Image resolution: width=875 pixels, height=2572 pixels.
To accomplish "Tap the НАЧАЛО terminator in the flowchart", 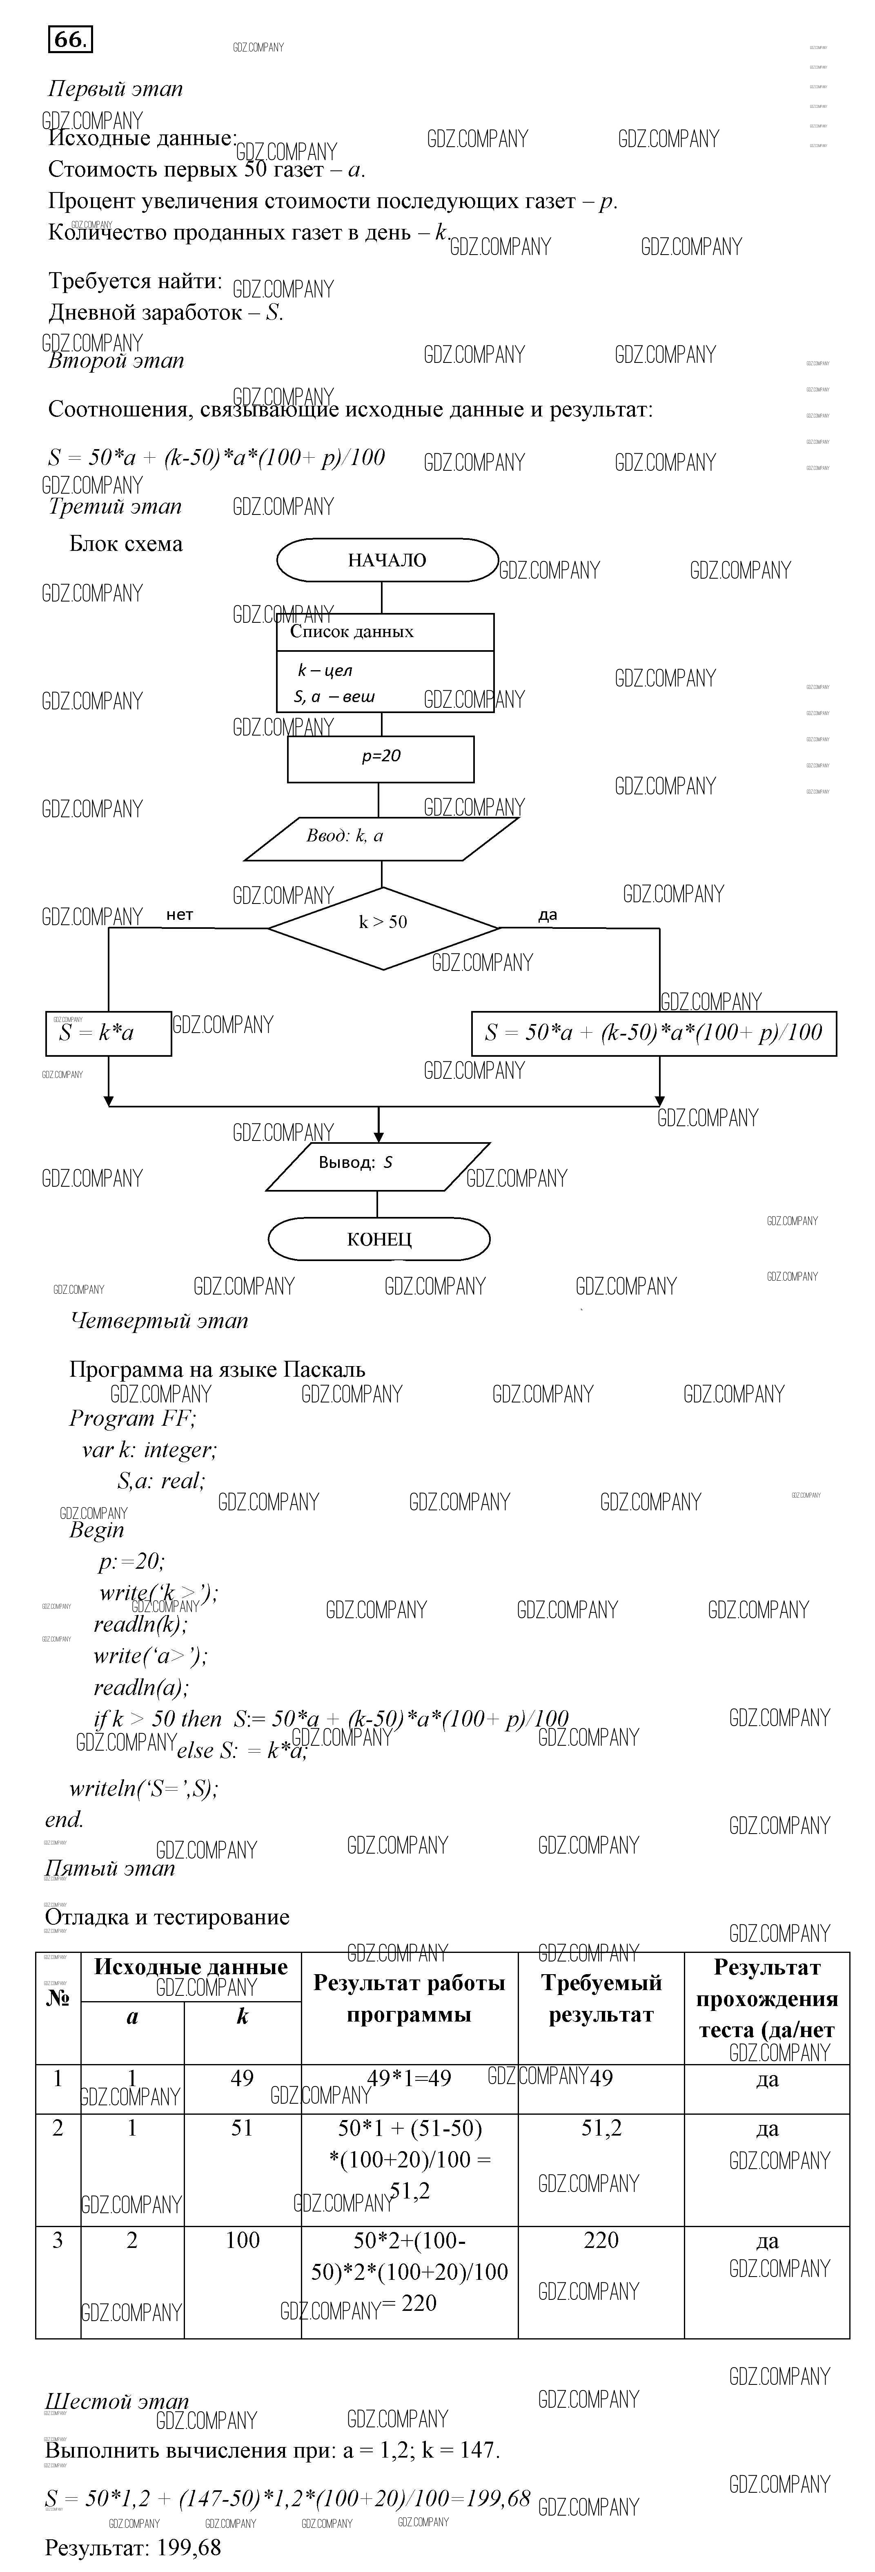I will (387, 560).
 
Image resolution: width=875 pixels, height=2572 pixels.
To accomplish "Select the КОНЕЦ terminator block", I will (379, 1239).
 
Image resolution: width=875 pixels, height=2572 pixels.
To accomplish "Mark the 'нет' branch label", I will (180, 915).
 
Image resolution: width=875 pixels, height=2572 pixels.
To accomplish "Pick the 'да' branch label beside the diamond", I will (547, 915).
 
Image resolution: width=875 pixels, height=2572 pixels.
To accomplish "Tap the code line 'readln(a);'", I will (141, 1687).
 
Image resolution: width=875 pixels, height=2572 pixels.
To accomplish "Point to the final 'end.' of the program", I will (65, 1819).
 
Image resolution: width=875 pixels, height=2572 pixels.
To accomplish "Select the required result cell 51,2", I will (601, 2128).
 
